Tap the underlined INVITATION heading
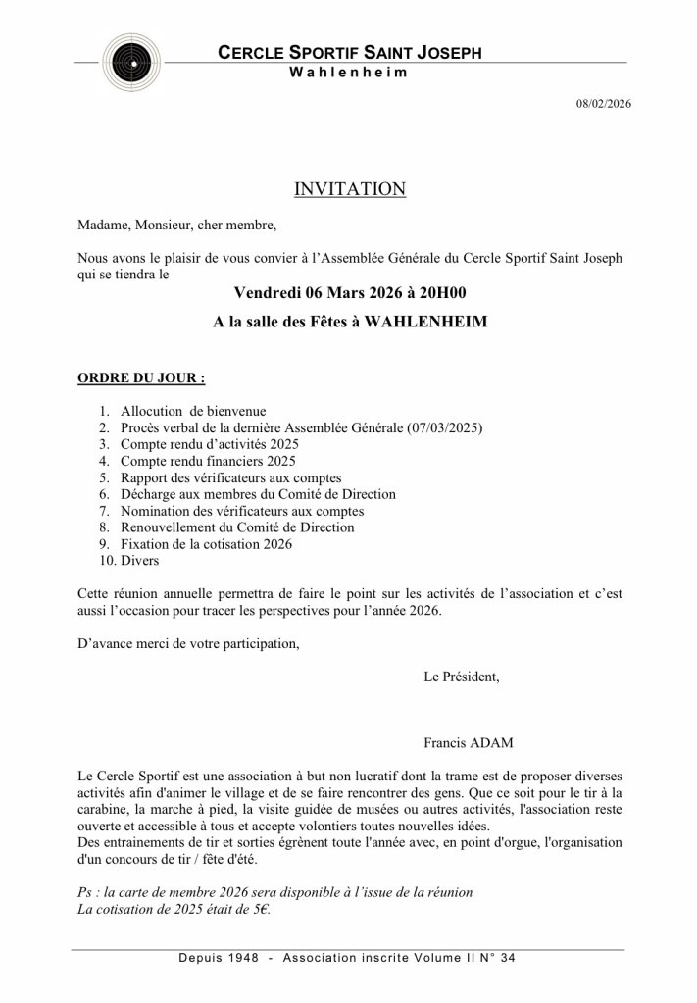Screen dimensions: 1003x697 (349, 189)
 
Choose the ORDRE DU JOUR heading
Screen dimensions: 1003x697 (141, 376)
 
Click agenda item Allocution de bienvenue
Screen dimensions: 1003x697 (193, 411)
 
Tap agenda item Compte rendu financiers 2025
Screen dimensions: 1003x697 (208, 461)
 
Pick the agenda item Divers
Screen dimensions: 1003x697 (139, 561)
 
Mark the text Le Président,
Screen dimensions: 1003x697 (461, 677)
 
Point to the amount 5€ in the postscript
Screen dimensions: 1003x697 (258, 910)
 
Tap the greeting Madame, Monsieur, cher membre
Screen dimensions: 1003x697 (177, 225)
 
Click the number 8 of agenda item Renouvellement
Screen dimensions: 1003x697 (104, 527)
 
